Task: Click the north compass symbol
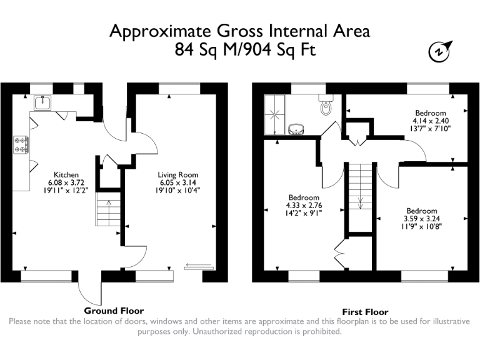tap(440, 51)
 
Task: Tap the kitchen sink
tap(42, 102)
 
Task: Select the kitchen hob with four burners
tap(21, 145)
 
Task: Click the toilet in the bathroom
tap(326, 105)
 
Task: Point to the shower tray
tap(274, 114)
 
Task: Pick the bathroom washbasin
tap(296, 129)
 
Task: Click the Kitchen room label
tap(66, 175)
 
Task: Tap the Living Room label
tap(178, 175)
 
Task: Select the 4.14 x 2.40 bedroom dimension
tap(431, 121)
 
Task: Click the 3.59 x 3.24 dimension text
tap(422, 219)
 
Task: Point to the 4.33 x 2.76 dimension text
tap(304, 206)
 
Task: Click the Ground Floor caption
tap(114, 311)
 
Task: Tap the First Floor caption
tap(365, 312)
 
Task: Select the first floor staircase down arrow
tap(360, 201)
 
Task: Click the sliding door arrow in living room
tap(198, 265)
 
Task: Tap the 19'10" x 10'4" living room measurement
tap(178, 190)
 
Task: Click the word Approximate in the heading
tap(161, 32)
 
